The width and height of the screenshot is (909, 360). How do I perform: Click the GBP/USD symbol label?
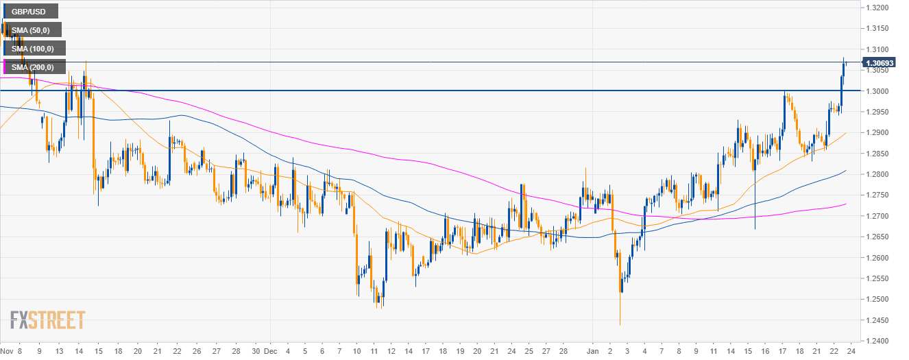(x=29, y=11)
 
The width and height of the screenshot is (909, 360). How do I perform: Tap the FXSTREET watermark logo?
(x=48, y=320)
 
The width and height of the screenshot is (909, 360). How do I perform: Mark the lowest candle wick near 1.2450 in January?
(x=620, y=322)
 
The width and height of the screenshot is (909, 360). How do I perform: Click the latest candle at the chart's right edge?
(x=845, y=64)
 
